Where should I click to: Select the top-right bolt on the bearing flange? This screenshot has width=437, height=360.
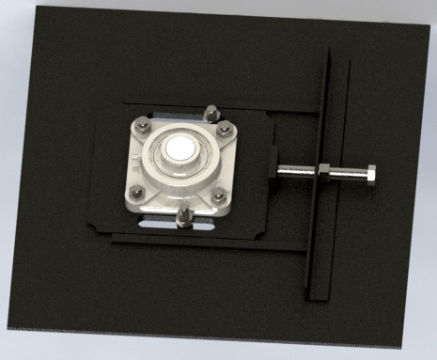tap(225, 132)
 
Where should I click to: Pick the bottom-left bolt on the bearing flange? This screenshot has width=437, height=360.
tap(137, 193)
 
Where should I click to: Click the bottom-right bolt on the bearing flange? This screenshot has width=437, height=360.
tap(219, 196)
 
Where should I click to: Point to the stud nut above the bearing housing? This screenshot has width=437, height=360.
tap(211, 114)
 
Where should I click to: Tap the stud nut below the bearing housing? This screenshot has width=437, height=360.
tap(184, 220)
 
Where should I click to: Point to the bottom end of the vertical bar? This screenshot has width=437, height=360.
tap(320, 292)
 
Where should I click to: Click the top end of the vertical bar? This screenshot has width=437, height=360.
tap(325, 55)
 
